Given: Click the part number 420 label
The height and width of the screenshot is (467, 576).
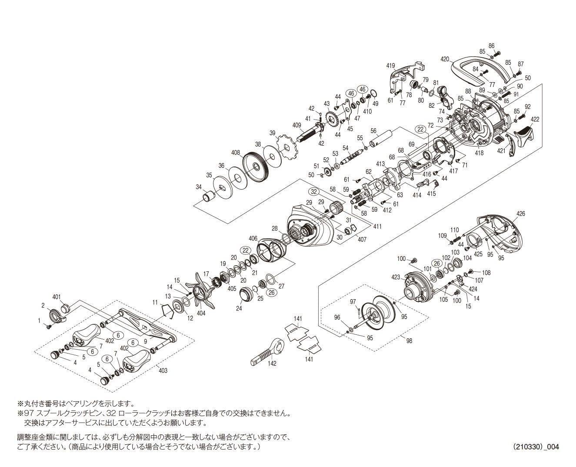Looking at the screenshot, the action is tap(444, 59).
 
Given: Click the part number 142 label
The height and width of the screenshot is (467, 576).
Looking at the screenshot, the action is tap(272, 363).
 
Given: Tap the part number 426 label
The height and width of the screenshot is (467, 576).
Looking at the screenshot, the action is tap(521, 213).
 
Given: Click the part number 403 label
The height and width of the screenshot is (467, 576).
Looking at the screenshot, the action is tap(163, 370).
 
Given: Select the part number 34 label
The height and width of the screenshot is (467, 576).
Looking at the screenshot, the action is tap(199, 187).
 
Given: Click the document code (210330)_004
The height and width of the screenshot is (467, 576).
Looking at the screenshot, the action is tap(536, 447).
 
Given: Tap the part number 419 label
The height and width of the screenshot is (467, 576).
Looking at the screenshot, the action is tap(390, 66).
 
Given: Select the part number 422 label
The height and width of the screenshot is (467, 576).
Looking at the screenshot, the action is tap(535, 119).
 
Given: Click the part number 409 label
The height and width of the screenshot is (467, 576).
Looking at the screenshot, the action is tap(297, 126).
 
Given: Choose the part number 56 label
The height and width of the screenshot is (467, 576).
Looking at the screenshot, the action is tap(373, 130).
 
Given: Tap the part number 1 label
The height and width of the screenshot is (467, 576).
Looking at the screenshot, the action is tap(39, 320).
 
